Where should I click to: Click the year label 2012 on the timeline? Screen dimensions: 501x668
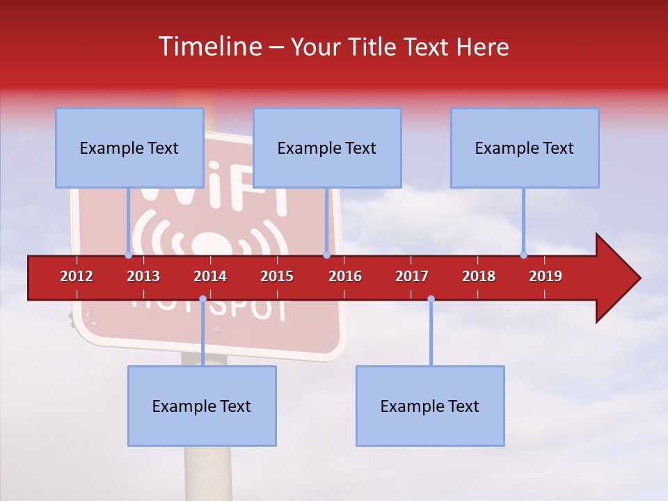pos(77,276)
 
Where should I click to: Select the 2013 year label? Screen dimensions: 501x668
pos(143,276)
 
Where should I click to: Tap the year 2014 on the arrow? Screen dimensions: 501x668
pos(210,276)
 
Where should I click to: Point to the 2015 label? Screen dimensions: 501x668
pos(277,276)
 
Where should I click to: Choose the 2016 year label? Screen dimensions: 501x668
pos(345,276)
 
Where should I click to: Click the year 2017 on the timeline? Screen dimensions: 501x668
pos(412,276)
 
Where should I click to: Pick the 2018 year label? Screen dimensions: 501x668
pos(479,276)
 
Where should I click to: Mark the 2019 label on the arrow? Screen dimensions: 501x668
pos(546,276)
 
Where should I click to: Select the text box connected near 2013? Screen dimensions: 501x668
pos(129,148)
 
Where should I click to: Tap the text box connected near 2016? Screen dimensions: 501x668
pos(327,148)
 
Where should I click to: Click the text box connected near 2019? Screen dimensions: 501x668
pos(525,148)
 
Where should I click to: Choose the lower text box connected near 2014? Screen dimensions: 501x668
pos(202,406)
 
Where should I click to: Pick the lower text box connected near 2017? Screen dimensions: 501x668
pos(430,406)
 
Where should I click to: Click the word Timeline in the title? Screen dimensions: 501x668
pos(209,47)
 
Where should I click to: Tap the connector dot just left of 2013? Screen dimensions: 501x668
pos(128,255)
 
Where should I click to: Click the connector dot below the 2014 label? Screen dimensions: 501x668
pos(202,299)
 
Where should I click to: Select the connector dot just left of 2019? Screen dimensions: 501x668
pos(524,255)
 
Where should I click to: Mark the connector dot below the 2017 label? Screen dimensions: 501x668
pos(431,299)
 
